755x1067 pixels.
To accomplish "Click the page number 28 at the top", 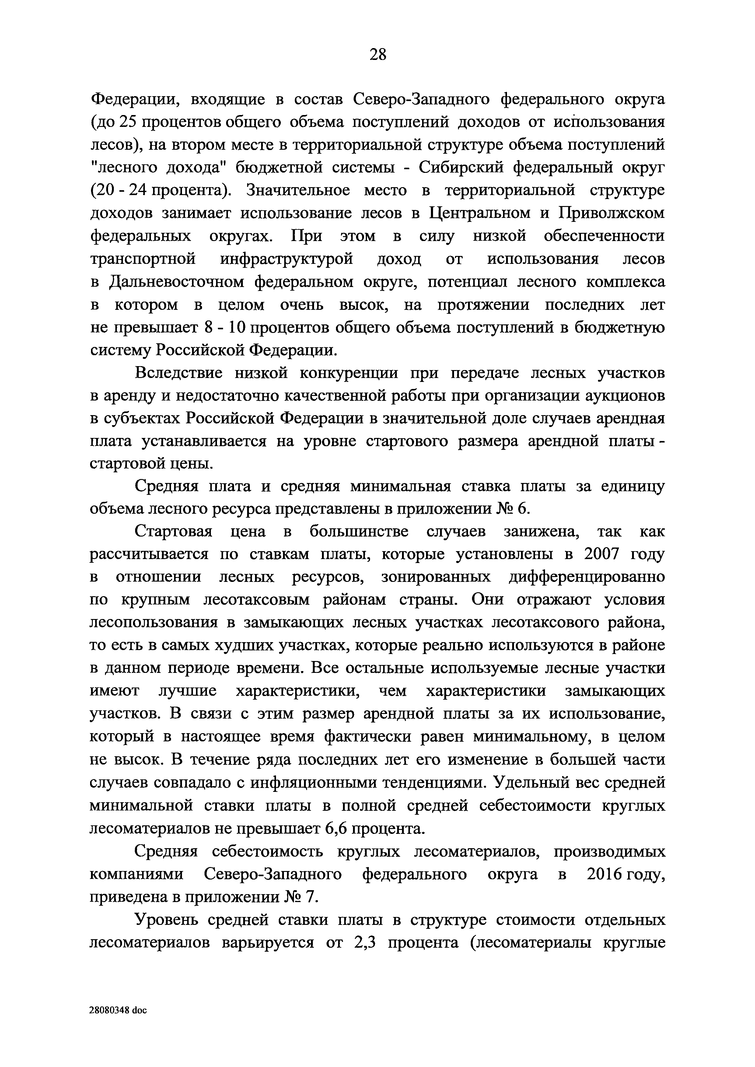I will point(377,55).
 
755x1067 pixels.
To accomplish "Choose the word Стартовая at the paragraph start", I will point(173,531).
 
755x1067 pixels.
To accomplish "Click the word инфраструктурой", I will point(286,258).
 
